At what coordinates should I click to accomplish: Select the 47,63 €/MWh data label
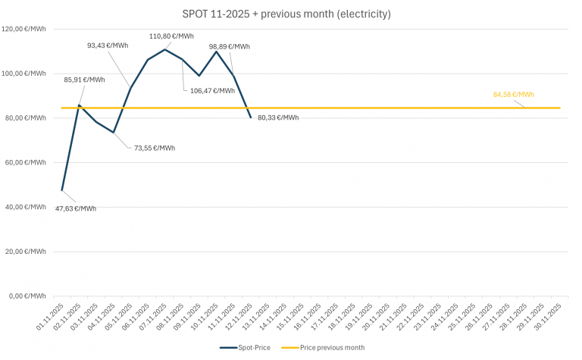pyautogui.click(x=76, y=208)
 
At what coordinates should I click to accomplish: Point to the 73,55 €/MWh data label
pyautogui.click(x=155, y=148)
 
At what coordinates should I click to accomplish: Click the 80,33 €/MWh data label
pyautogui.click(x=278, y=117)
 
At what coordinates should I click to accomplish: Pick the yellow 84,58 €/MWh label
pyautogui.click(x=513, y=95)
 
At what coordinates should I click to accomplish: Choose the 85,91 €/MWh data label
pyautogui.click(x=85, y=80)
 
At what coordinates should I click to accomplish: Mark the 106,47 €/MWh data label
pyautogui.click(x=214, y=90)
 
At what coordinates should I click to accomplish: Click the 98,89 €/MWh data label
pyautogui.click(x=230, y=46)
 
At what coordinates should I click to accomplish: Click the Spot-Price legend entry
pyautogui.click(x=245, y=347)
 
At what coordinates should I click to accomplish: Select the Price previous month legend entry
pyautogui.click(x=323, y=347)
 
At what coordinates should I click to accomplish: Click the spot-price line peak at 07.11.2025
pyautogui.click(x=164, y=49)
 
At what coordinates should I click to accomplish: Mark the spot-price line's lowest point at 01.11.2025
pyautogui.click(x=61, y=189)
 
